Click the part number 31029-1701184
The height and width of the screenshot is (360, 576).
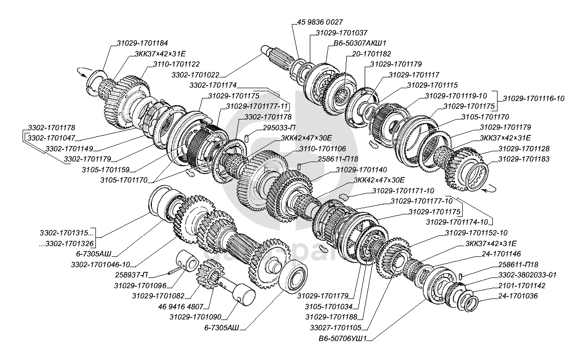click(142, 43)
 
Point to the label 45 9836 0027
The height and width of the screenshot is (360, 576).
click(320, 22)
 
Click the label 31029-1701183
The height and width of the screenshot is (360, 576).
click(524, 159)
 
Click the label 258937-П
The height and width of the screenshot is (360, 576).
click(132, 275)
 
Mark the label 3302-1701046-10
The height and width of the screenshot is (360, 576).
click(101, 265)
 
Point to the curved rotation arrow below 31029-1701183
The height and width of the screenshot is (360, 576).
click(489, 188)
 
